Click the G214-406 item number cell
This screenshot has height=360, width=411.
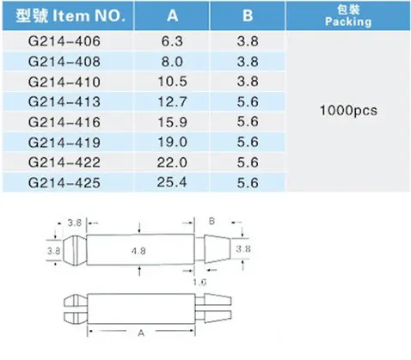(x=64, y=41)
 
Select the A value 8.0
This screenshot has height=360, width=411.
(x=172, y=62)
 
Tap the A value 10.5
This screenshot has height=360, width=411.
(x=172, y=82)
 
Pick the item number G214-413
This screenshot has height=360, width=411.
(x=64, y=102)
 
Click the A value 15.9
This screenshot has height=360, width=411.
(x=172, y=122)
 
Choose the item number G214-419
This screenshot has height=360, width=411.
(x=64, y=143)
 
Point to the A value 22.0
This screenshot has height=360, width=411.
(x=172, y=162)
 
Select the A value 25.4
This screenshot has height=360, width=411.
(x=172, y=182)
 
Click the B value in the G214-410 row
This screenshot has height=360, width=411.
(x=248, y=82)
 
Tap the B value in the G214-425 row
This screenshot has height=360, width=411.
(x=248, y=182)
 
